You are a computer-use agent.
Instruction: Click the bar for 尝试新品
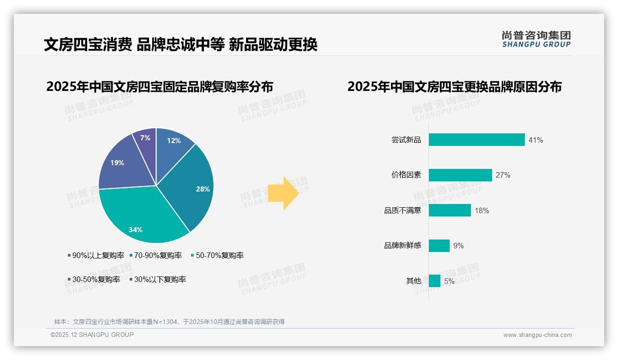(476, 140)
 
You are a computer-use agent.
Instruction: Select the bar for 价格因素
(460, 175)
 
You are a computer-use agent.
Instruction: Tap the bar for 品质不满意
(450, 210)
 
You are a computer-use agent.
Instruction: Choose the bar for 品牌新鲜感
(439, 246)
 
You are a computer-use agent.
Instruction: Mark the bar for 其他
(434, 281)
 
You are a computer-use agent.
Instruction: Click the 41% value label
(536, 140)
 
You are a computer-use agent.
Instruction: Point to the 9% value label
(458, 246)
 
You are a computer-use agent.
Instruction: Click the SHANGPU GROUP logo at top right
(536, 39)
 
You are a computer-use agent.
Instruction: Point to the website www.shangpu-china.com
(537, 335)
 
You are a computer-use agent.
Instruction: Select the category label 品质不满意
(403, 210)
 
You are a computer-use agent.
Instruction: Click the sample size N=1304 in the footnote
(160, 322)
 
